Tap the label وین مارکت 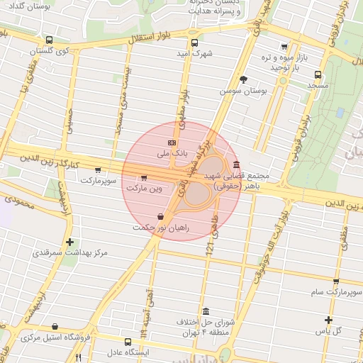coord(145,189)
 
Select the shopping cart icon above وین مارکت coord(145,179)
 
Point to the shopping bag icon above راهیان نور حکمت coord(162,216)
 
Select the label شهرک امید coord(195,53)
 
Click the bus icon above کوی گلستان coord(48,40)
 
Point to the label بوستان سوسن coord(243,91)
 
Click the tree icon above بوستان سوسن coord(243,80)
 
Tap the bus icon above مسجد coord(317,74)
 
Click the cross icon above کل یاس coord(328,320)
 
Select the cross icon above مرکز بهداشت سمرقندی coord(69,242)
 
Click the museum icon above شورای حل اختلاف coord(206,312)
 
